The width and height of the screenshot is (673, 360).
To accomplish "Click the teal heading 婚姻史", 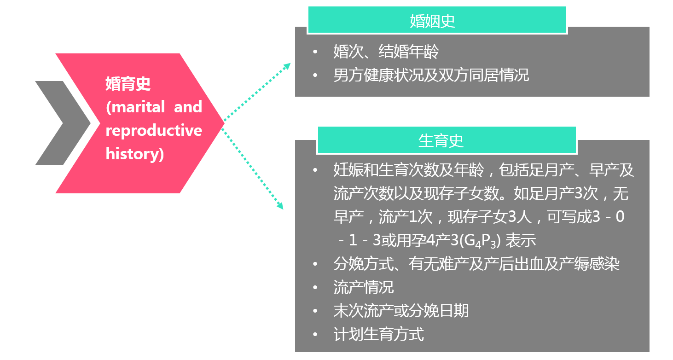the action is [432, 21].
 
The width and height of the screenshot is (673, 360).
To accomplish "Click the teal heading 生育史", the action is [441, 141].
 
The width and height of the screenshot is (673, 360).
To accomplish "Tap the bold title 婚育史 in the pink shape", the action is [128, 84].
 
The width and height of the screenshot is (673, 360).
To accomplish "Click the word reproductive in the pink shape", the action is [154, 130].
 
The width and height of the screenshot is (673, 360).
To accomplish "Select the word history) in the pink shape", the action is [134, 154].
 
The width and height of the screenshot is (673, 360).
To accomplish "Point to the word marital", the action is [135, 107].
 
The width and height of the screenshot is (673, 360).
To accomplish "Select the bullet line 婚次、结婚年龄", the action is [386, 51].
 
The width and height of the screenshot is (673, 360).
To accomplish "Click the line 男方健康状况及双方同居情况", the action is [431, 75].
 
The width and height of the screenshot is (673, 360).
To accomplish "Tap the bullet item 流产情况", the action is [363, 287].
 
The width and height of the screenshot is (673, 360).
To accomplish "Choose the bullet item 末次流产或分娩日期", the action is [400, 311].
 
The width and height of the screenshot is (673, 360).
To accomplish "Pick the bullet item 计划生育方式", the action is [378, 334].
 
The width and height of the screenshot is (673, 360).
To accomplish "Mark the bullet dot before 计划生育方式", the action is [315, 334].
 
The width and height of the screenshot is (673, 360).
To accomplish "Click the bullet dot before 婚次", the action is [315, 51].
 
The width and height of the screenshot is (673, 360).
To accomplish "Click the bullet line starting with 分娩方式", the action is [476, 264].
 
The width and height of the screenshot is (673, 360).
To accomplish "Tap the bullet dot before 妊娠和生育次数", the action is [315, 170].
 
